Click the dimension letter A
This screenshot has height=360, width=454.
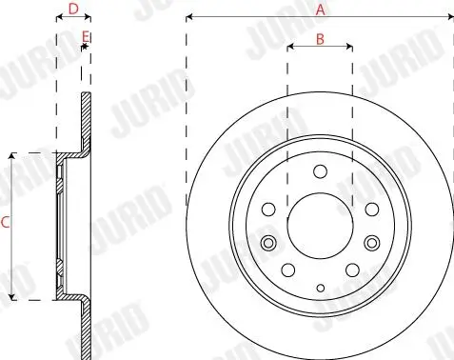point(321,10)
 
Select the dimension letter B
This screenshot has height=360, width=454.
point(321,39)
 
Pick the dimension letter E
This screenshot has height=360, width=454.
point(86,37)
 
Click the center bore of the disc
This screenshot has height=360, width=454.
point(320,227)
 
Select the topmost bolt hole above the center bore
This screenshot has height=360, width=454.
point(320,172)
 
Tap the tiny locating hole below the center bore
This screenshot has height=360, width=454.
point(320,287)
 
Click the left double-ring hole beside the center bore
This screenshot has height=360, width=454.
point(269,244)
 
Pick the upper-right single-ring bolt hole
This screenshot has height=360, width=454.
point(370,209)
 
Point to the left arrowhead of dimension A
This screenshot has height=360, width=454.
point(190,17)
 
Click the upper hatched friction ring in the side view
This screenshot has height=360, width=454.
point(84,124)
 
